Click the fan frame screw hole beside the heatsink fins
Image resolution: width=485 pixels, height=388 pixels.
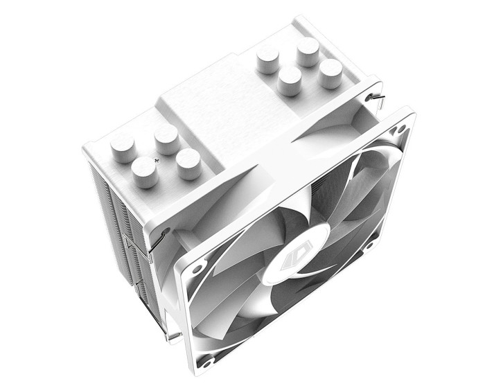[x=199, y=265]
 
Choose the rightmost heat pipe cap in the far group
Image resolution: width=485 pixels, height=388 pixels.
[x=330, y=72]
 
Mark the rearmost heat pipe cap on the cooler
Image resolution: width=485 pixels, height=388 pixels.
[x=307, y=51]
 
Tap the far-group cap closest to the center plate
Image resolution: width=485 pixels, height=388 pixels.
[x=290, y=82]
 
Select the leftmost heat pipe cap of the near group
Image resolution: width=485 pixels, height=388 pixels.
[x=123, y=147]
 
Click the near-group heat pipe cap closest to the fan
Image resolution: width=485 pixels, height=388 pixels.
[x=188, y=164]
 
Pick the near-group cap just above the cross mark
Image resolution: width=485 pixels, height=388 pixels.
[x=166, y=140]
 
